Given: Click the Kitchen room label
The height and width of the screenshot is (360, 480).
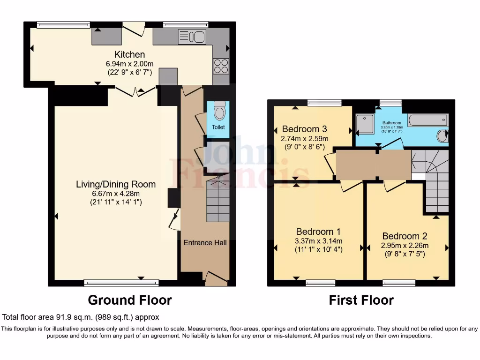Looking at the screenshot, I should pyautogui.click(x=123, y=55).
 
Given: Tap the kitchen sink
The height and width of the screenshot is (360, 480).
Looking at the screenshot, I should pyautogui.click(x=192, y=37).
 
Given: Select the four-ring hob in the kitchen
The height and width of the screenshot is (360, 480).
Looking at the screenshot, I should pyautogui.click(x=221, y=66).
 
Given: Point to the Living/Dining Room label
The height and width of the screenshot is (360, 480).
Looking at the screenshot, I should pyautogui.click(x=116, y=184).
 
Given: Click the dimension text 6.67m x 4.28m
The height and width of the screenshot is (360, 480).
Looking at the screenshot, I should pyautogui.click(x=115, y=194).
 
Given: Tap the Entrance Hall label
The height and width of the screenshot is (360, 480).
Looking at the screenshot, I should pyautogui.click(x=205, y=242).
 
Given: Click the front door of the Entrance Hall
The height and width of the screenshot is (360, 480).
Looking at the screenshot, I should pyautogui.click(x=215, y=279).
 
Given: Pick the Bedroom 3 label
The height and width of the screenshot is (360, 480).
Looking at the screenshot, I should pyautogui.click(x=304, y=129).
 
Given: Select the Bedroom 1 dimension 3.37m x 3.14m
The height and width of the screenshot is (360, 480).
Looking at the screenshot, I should pyautogui.click(x=318, y=241).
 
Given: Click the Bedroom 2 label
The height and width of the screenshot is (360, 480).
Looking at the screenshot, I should pyautogui.click(x=405, y=236).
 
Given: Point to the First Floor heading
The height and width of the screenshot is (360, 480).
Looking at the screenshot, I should pyautogui.click(x=361, y=300).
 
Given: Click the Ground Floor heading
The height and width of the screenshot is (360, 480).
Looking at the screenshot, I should pyautogui.click(x=130, y=300).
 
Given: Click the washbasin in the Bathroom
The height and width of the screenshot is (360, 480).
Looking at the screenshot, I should pyautogui.click(x=442, y=136).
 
